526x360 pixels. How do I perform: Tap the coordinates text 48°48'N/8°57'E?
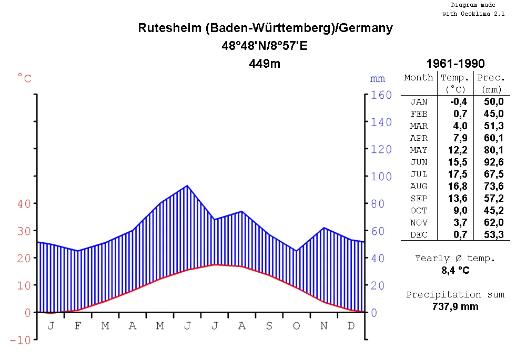pyautogui.click(x=265, y=46)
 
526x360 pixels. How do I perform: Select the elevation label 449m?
pyautogui.click(x=265, y=64)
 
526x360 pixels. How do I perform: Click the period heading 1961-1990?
pyautogui.click(x=456, y=64)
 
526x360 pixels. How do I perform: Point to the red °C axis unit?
pyautogui.click(x=24, y=79)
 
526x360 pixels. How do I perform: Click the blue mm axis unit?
pyautogui.click(x=377, y=79)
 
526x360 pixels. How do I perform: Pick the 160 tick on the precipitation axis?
pyautogui.click(x=381, y=95)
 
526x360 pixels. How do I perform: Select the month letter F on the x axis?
pyautogui.click(x=78, y=326)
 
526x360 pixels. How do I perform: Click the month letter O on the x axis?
pyautogui.click(x=296, y=326)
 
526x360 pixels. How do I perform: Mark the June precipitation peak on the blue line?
pyautogui.click(x=187, y=186)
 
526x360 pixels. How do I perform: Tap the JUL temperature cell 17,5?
pyautogui.click(x=457, y=174)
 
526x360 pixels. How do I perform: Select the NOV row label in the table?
pyautogui.click(x=419, y=223)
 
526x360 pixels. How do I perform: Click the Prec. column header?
pyautogui.click(x=491, y=77)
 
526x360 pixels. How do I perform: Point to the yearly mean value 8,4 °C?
pyautogui.click(x=456, y=271)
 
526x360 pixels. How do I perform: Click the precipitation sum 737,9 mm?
pyautogui.click(x=456, y=306)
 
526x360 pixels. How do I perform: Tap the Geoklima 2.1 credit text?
pyautogui.click(x=473, y=14)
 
